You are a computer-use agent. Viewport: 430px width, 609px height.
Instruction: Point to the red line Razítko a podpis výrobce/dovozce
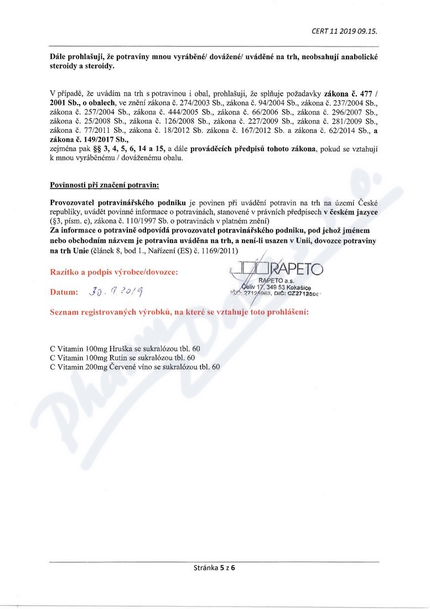pyautogui.click(x=114, y=272)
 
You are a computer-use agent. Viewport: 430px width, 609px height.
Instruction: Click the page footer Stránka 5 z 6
pyautogui.click(x=215, y=567)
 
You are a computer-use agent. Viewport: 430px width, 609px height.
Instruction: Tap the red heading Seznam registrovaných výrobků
pyautogui.click(x=179, y=312)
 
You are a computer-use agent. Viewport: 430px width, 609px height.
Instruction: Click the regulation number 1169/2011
pyautogui.click(x=220, y=251)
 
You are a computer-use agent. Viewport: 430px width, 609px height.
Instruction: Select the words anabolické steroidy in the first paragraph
pyautogui.click(x=354, y=58)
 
